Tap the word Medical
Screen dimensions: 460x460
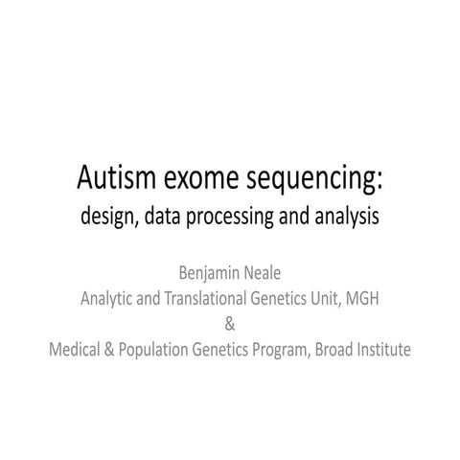tap(78, 349)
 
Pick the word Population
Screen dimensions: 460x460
tap(164, 350)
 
